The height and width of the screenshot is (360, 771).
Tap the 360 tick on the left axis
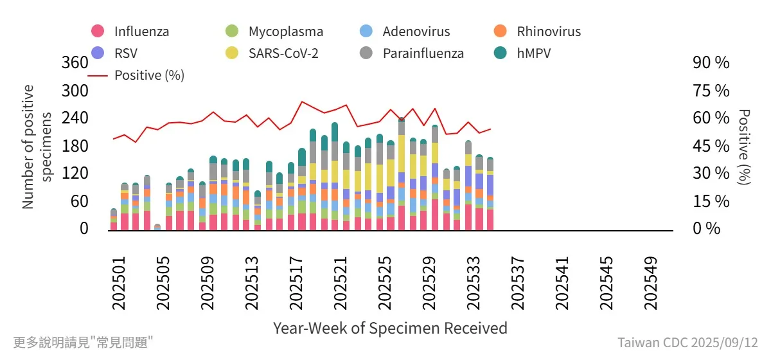(x=75, y=63)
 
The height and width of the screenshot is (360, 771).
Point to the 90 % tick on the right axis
(x=711, y=63)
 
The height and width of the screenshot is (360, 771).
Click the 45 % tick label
(x=711, y=146)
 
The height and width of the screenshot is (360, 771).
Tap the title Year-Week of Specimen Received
(x=390, y=328)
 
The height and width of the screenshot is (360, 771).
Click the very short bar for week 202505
(x=157, y=227)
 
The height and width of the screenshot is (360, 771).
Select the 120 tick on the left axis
(x=75, y=174)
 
